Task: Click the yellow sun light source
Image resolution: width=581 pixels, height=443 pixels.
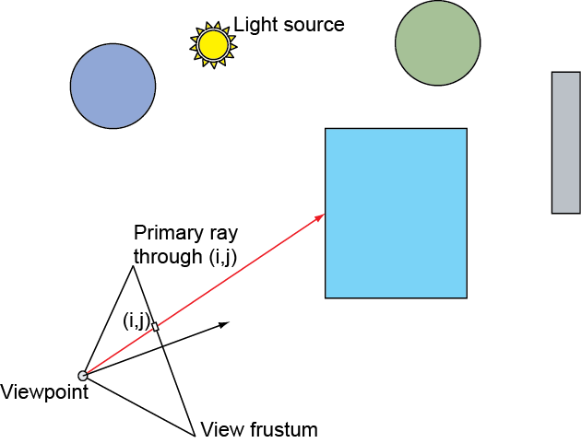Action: pyautogui.click(x=213, y=44)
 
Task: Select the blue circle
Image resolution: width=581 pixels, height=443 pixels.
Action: pyautogui.click(x=113, y=86)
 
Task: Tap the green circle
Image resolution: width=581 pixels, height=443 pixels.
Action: pyautogui.click(x=437, y=41)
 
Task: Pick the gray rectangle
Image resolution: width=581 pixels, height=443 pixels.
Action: pyautogui.click(x=565, y=142)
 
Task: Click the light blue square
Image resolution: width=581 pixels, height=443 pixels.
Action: pyautogui.click(x=396, y=213)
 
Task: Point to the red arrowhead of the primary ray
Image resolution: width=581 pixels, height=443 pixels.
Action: pyautogui.click(x=321, y=216)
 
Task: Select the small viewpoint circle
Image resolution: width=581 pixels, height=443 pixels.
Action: pyautogui.click(x=83, y=375)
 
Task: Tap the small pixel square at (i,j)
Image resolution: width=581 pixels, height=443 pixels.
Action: pyautogui.click(x=155, y=326)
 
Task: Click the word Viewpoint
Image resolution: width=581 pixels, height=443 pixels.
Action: pyautogui.click(x=44, y=393)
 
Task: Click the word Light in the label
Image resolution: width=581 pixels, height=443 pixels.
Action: pyautogui.click(x=254, y=24)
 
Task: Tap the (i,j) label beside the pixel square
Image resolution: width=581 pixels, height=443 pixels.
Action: pyautogui.click(x=136, y=321)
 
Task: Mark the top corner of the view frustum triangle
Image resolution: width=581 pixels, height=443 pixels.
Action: pyautogui.click(x=133, y=267)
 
